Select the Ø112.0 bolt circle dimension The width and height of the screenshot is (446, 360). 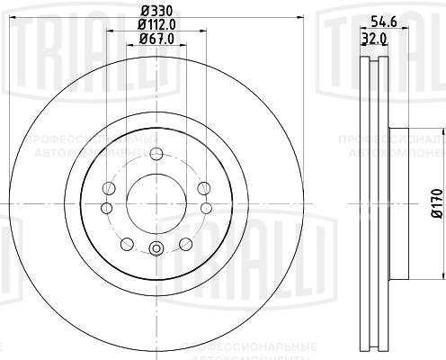(x=156, y=24)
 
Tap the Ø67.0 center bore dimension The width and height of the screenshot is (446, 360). (x=156, y=39)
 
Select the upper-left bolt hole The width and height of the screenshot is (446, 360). (x=110, y=187)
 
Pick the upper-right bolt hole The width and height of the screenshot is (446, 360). (x=201, y=187)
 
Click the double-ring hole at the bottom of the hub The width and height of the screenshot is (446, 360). (x=156, y=249)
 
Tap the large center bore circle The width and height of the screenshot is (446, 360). (x=156, y=202)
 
